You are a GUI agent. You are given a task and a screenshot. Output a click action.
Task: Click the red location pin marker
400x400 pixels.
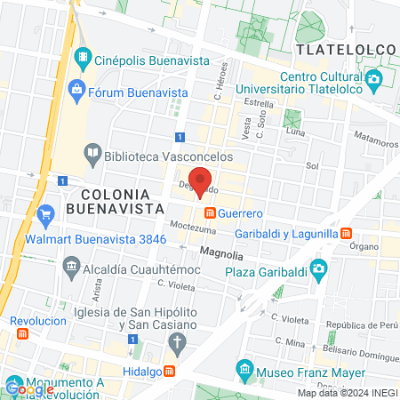[x=201, y=181]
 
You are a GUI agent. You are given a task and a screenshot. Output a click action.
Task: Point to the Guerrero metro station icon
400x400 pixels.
[x=211, y=213]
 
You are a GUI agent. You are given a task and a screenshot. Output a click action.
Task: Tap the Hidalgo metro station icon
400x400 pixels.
[x=180, y=371]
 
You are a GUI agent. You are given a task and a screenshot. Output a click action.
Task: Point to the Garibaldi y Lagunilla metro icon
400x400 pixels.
[x=344, y=233]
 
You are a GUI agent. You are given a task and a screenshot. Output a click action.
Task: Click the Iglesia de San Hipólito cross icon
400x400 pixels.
[x=177, y=343]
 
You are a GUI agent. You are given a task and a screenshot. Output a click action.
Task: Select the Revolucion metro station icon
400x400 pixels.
[x=21, y=333]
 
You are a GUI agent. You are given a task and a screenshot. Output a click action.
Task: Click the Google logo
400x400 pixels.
[x=29, y=388]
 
